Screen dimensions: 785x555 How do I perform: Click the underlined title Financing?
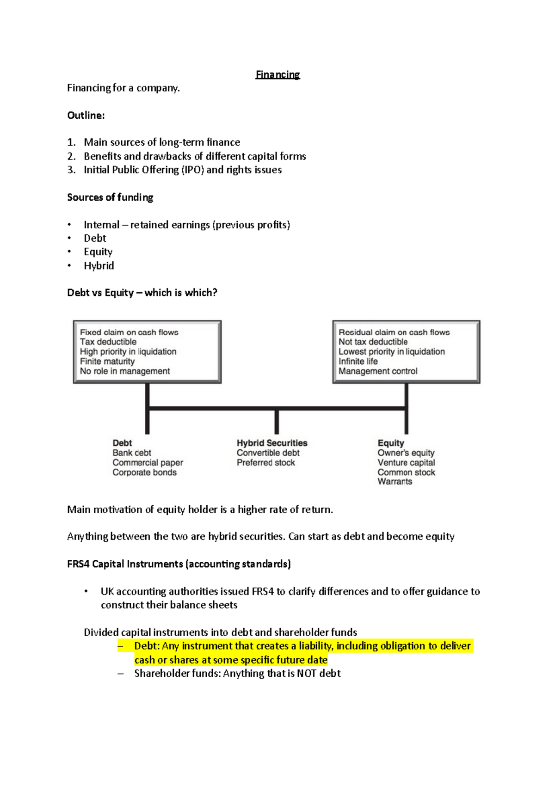pyautogui.click(x=277, y=74)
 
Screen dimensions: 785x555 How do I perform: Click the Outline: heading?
pyautogui.click(x=86, y=116)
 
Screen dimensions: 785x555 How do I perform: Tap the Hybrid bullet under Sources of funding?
pyautogui.click(x=99, y=266)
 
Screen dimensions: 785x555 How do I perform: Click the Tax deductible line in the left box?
pyautogui.click(x=108, y=342)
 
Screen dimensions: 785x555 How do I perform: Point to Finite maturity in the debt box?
pyautogui.click(x=107, y=361)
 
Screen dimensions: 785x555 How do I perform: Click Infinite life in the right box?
pyautogui.click(x=358, y=361)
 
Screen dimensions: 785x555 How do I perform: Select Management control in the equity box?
pyautogui.click(x=377, y=371)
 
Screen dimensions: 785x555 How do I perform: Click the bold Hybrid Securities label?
pyautogui.click(x=272, y=443)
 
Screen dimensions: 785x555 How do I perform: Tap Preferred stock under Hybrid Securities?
pyautogui.click(x=265, y=462)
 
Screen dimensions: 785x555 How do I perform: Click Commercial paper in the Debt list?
pyautogui.click(x=148, y=462)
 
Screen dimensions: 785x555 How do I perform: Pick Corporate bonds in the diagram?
pyautogui.click(x=144, y=472)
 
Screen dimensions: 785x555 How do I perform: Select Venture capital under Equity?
pyautogui.click(x=406, y=462)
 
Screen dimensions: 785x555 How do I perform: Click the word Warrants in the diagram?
pyautogui.click(x=395, y=481)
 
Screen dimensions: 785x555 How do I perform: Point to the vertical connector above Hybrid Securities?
pyautogui.click(x=277, y=422)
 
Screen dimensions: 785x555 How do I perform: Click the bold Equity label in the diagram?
pyautogui.click(x=390, y=443)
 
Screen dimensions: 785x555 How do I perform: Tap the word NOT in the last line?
pyautogui.click(x=307, y=674)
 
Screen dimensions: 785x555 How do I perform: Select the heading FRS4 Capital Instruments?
pyautogui.click(x=125, y=564)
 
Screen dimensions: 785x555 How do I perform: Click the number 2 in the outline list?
pyautogui.click(x=71, y=156)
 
